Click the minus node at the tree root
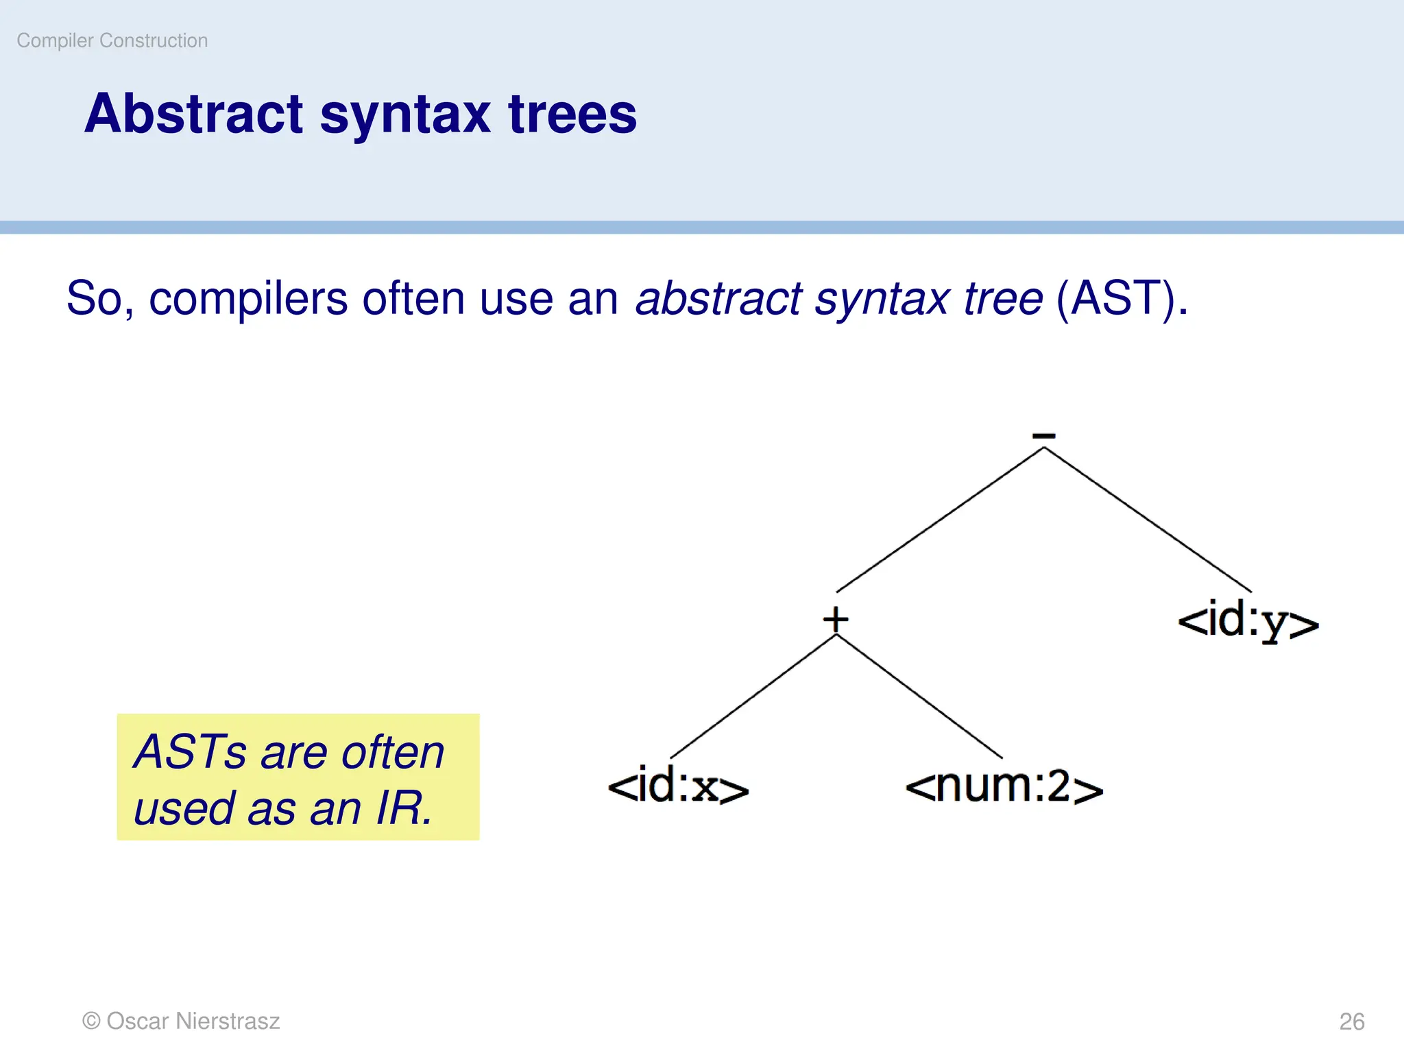[1043, 435]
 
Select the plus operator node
[836, 619]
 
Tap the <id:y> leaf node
[1248, 621]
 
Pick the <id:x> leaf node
[678, 786]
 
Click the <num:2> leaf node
[1004, 786]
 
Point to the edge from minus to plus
[940, 520]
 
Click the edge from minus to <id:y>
[1148, 520]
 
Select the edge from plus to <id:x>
[753, 697]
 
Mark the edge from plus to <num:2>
[919, 697]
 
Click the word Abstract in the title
[193, 114]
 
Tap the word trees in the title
[572, 114]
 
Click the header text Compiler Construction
[112, 41]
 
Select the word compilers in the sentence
[248, 299]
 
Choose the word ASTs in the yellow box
[190, 752]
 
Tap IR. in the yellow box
[404, 808]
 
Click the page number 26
[1352, 1021]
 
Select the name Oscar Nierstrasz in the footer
[193, 1021]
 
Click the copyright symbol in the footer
[91, 1021]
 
